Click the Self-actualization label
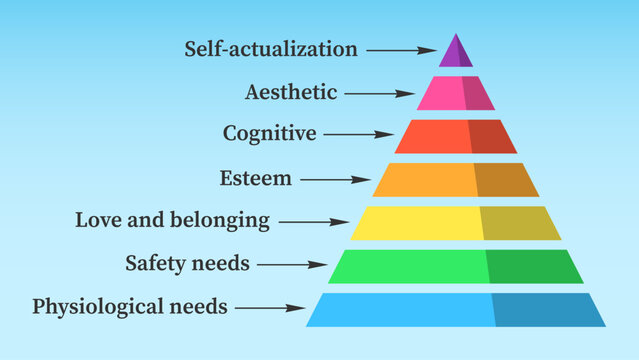point(270,48)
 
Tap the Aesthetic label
point(291,93)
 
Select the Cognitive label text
point(269,132)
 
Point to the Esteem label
point(256,179)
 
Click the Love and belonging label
point(172,219)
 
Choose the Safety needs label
point(187,264)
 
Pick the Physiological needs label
point(130,305)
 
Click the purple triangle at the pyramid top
point(456,52)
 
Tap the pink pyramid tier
point(456,93)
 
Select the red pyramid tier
point(456,136)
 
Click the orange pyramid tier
point(456,179)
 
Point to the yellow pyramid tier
point(456,223)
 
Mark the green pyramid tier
point(456,266)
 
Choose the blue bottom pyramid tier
point(456,309)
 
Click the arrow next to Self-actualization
point(400,49)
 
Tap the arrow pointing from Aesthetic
point(379,94)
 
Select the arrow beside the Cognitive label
point(357,133)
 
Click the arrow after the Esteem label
point(335,180)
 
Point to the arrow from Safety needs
point(292,265)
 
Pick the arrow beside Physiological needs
point(270,308)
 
